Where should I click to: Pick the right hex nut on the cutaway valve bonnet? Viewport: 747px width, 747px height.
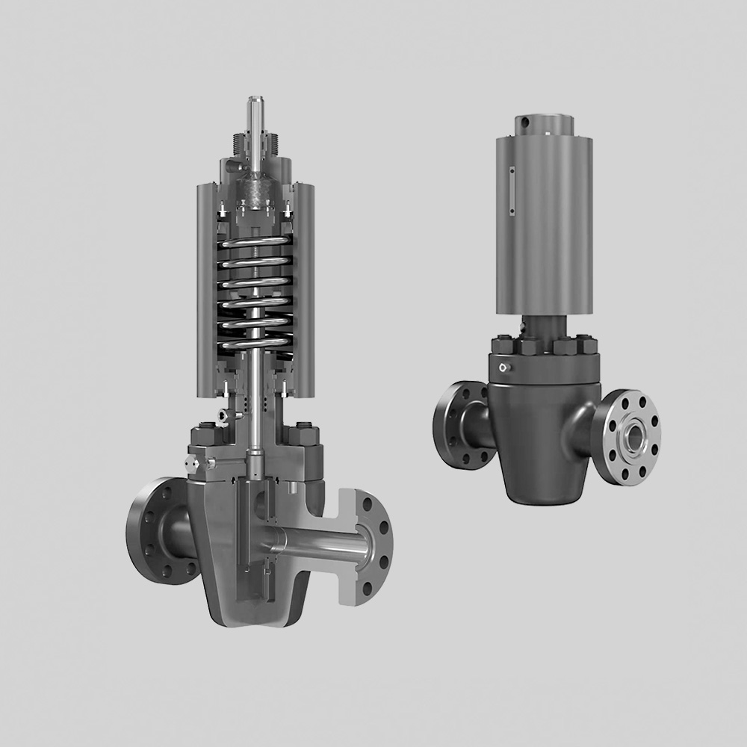click(304, 436)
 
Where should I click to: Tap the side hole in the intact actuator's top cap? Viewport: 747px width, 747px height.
click(526, 121)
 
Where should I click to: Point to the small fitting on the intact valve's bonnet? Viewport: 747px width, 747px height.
click(506, 367)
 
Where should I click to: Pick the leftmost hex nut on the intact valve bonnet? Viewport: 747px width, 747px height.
click(502, 344)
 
